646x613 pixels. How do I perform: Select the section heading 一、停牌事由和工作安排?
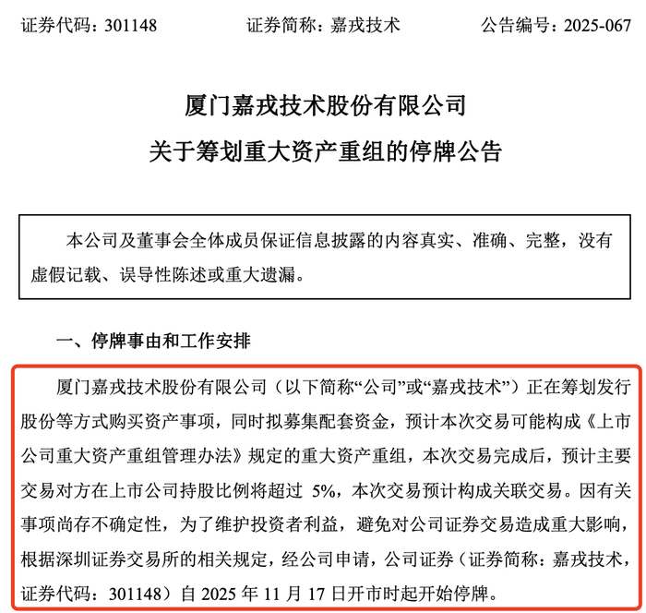(x=152, y=342)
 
